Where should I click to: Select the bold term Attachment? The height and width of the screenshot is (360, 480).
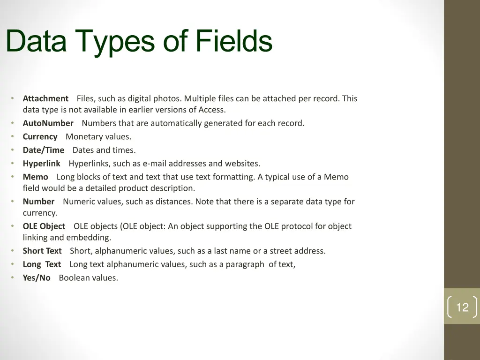(45, 98)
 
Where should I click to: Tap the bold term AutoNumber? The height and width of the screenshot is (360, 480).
(48, 123)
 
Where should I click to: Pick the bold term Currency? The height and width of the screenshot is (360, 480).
(40, 137)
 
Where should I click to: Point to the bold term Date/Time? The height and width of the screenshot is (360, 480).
(43, 150)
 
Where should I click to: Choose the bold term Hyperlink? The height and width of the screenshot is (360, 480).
(41, 164)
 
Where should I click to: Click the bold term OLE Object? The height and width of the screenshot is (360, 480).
(44, 226)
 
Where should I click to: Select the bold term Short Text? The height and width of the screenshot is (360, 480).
(42, 251)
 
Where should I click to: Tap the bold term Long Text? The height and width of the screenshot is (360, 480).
(42, 264)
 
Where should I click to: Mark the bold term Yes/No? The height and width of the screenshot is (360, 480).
(37, 278)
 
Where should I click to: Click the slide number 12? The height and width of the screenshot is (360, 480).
(462, 307)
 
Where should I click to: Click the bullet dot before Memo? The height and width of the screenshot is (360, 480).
(12, 177)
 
